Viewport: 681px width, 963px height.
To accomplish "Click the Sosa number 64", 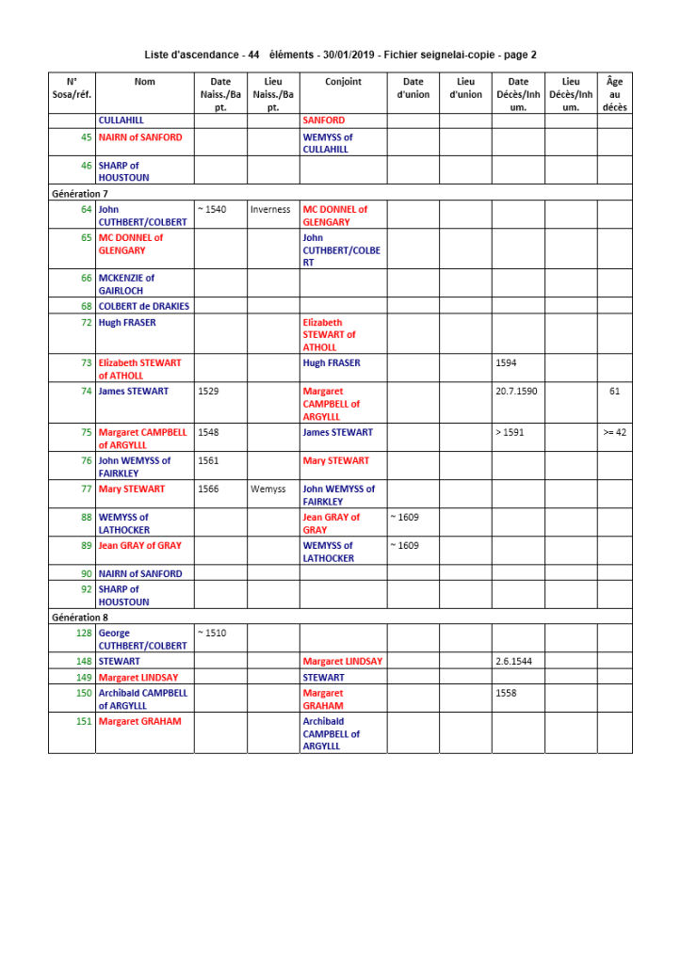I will [87, 210].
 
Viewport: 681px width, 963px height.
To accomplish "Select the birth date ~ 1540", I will [212, 210].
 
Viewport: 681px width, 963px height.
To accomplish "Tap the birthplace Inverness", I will [270, 210].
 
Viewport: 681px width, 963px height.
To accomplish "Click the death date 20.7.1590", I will [516, 392].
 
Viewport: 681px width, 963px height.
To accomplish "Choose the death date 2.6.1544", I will [512, 662].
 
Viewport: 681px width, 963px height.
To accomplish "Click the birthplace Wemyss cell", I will [268, 490].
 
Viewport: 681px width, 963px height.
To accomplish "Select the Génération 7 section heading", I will [80, 194].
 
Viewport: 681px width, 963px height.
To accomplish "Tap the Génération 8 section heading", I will [80, 618].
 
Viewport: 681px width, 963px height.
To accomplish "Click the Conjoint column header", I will [343, 82].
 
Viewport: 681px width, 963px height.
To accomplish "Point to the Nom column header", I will [144, 82].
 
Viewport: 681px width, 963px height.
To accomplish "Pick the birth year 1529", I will [208, 392].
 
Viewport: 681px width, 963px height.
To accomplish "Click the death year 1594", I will [506, 363].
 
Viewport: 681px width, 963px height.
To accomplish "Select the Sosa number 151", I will [84, 722].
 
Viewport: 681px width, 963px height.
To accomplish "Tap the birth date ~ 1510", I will [212, 634].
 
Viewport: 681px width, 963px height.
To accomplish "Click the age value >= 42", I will [614, 433].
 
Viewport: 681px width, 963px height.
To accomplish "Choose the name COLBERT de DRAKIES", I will [143, 307].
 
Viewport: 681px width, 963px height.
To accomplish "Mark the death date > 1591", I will [510, 433].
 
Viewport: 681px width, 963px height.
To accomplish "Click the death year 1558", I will [506, 694].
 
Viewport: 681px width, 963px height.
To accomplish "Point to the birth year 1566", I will [208, 490].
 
